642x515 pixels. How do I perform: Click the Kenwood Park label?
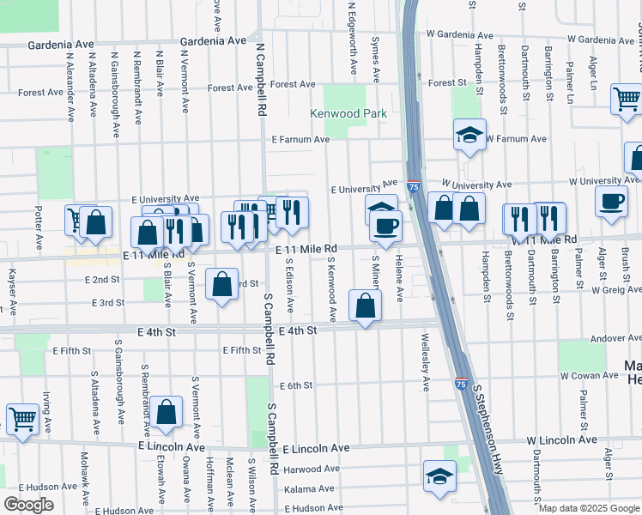tap(348, 113)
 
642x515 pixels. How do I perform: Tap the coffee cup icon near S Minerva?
tap(385, 227)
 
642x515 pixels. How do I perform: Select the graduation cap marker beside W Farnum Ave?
tap(469, 135)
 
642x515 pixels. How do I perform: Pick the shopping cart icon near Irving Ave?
tap(22, 420)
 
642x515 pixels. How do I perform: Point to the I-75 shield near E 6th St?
tap(461, 384)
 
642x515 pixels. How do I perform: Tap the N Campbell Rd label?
tap(260, 81)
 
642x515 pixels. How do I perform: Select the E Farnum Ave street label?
tap(300, 139)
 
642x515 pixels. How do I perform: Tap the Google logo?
tap(28, 505)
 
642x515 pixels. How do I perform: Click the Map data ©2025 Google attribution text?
tap(588, 508)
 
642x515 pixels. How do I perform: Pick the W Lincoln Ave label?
tap(561, 440)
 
